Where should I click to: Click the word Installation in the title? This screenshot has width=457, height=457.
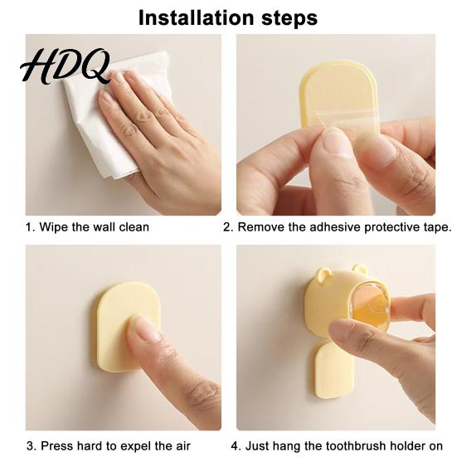pyautogui.click(x=197, y=17)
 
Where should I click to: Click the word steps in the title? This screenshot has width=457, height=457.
pyautogui.click(x=289, y=18)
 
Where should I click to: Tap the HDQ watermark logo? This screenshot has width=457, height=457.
pyautogui.click(x=66, y=66)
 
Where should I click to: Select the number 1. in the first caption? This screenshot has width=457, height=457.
pyautogui.click(x=31, y=227)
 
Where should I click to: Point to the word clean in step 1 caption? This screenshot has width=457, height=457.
pyautogui.click(x=134, y=227)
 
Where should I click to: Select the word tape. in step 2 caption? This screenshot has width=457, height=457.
pyautogui.click(x=436, y=227)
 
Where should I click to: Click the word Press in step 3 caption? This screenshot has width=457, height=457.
pyautogui.click(x=57, y=446)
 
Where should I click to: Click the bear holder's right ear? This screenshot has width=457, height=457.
pyautogui.click(x=359, y=269)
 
